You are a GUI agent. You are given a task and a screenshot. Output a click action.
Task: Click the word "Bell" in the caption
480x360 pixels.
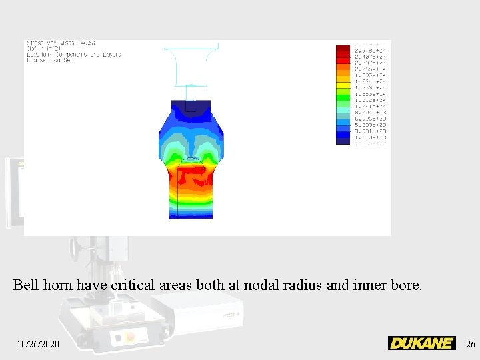[26, 285]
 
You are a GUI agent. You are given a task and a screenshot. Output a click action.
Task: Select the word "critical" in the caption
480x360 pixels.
[133, 285]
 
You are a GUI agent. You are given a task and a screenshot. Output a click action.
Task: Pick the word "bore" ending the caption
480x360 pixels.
[407, 285]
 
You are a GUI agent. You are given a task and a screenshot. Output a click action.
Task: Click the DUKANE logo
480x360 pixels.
[421, 343]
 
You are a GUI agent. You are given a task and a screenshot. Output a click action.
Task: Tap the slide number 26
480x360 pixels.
[471, 344]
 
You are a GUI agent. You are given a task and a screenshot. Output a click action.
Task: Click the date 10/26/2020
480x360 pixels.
[38, 344]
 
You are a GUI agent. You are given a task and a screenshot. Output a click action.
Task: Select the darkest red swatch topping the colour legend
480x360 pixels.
[343, 49]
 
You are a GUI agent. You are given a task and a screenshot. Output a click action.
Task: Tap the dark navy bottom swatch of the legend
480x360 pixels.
[343, 140]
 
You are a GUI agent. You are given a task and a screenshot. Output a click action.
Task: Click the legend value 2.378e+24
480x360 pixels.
[371, 51]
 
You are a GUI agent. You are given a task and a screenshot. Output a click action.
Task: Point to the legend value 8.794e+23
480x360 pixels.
[371, 112]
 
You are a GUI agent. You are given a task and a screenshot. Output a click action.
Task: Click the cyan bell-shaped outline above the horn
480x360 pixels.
[191, 63]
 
